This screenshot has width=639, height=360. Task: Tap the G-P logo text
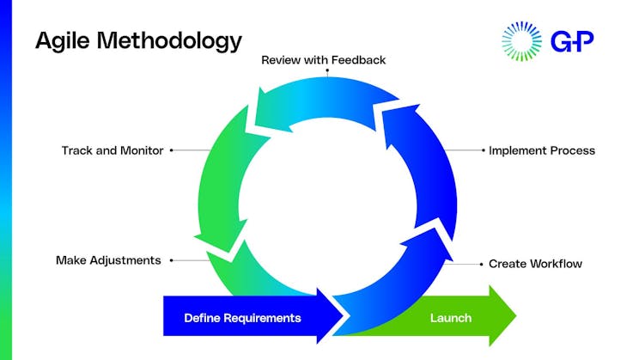pyautogui.click(x=572, y=40)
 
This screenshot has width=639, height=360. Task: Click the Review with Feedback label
pyautogui.click(x=323, y=60)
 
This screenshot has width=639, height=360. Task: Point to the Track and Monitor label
pyautogui.click(x=113, y=150)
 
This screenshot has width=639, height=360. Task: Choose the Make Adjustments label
pyautogui.click(x=108, y=259)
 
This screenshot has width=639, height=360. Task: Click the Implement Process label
pyautogui.click(x=542, y=150)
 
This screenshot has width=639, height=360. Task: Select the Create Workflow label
pyautogui.click(x=535, y=264)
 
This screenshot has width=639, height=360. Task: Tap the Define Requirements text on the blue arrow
pyautogui.click(x=242, y=318)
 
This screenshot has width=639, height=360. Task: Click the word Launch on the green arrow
pyautogui.click(x=450, y=318)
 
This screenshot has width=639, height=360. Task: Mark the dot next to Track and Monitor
pyautogui.click(x=172, y=150)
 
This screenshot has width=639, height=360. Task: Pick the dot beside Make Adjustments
pyautogui.click(x=172, y=259)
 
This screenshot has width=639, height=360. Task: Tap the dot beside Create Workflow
pyautogui.click(x=482, y=263)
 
